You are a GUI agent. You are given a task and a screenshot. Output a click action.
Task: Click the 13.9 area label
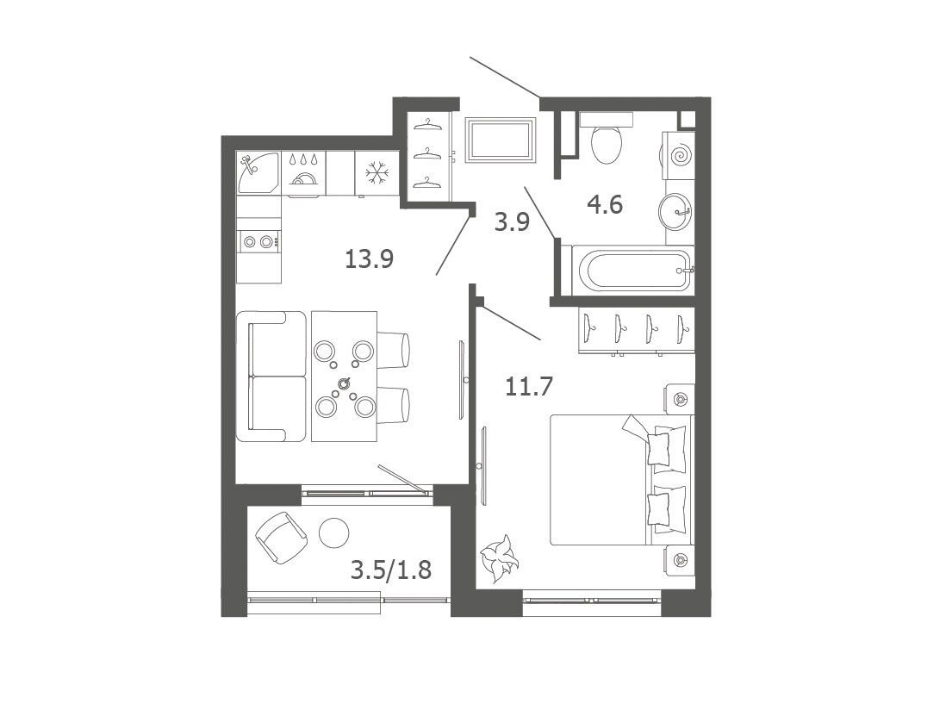[370, 259]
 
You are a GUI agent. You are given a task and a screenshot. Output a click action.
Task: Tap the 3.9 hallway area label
[512, 222]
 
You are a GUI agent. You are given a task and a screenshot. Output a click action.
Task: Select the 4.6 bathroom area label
[605, 205]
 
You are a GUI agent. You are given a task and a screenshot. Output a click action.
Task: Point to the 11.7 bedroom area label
[528, 386]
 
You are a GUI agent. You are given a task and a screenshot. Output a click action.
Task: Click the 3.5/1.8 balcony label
[391, 570]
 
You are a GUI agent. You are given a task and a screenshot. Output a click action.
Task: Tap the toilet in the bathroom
[607, 138]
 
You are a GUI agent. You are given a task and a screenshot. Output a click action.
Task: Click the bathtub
[631, 270]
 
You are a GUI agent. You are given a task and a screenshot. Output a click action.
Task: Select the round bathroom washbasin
[675, 211]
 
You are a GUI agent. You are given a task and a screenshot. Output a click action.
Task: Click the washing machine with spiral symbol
[679, 156]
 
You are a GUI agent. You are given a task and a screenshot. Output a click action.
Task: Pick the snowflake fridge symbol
[377, 173]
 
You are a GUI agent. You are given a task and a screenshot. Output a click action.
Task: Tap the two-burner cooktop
[259, 242]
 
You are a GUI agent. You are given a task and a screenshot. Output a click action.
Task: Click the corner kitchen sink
[258, 172]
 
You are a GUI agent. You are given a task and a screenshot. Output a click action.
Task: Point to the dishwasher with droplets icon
[303, 174]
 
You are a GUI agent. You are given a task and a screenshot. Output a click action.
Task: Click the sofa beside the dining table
[271, 377]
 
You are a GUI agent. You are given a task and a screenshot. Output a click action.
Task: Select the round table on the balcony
[333, 533]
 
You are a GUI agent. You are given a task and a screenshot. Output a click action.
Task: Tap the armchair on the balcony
[281, 538]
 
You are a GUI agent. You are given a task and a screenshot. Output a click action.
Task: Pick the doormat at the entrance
[501, 140]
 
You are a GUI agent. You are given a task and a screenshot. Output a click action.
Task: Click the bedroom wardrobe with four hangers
[636, 330]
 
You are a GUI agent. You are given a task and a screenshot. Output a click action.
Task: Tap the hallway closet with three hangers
[429, 155]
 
